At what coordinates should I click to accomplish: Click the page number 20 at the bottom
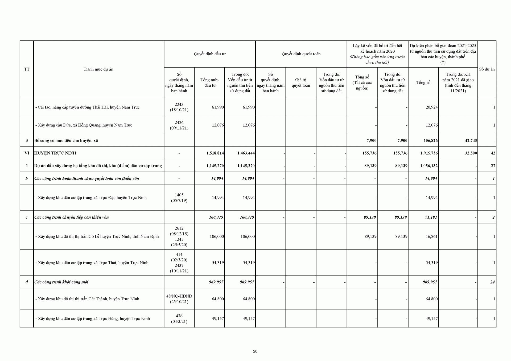[x=255, y=351]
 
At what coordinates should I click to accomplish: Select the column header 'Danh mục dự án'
[x=98, y=69]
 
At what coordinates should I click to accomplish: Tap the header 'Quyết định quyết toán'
[x=301, y=54]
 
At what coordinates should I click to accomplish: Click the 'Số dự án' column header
[x=487, y=69]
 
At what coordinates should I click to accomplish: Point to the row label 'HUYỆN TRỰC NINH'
[x=55, y=153]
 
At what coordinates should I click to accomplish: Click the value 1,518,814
[x=215, y=153]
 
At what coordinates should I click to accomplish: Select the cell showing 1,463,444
[x=246, y=153]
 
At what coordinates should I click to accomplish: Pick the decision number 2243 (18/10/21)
[x=179, y=107]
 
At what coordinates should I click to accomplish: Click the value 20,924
[x=432, y=107]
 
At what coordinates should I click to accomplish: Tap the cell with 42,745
[x=471, y=140]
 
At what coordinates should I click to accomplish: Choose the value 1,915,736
[x=429, y=153]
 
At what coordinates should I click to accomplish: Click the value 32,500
[x=471, y=153]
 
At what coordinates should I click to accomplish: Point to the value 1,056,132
[x=429, y=166]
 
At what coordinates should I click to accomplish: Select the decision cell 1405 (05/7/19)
[x=179, y=198]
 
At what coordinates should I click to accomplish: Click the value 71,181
[x=431, y=217]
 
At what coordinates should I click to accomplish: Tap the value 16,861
[x=432, y=236]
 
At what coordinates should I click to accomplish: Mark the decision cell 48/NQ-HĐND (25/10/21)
[x=179, y=299]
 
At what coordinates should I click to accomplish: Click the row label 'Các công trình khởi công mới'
[x=61, y=282]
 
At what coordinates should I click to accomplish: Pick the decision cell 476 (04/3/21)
[x=179, y=318]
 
